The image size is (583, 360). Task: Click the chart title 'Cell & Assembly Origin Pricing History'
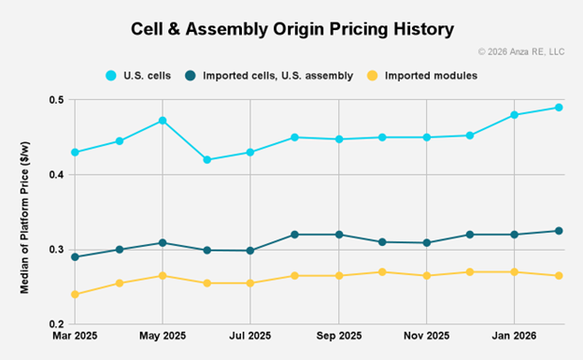coord(292,29)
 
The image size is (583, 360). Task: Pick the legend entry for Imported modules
coord(434,75)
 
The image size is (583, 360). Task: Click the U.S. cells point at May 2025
coord(163,121)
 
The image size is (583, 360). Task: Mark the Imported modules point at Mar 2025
coord(75,295)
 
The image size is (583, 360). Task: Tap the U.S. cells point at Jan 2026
coord(514,115)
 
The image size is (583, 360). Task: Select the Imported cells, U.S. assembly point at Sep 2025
coord(338,235)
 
